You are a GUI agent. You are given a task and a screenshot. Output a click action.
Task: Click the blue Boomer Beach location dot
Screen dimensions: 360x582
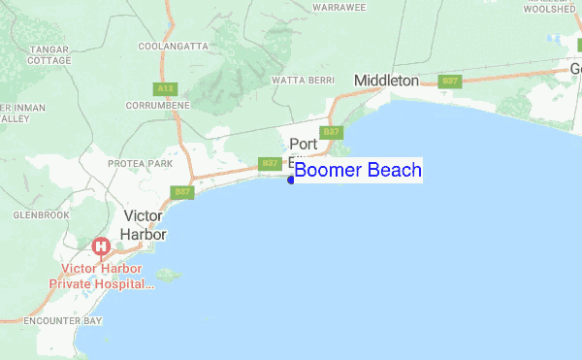[291, 179]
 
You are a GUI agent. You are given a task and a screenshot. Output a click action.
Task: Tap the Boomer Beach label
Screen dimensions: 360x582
[358, 171]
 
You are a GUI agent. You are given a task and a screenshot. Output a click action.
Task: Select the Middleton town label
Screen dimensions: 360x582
[386, 81]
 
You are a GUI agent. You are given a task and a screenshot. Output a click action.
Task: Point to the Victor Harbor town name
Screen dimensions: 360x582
[145, 225]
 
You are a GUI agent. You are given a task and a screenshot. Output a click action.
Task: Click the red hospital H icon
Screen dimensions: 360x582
[100, 247]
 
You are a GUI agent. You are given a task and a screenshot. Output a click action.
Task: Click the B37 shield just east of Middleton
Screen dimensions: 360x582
[449, 82]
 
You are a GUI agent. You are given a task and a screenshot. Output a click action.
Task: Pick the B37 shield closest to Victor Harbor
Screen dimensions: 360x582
[181, 192]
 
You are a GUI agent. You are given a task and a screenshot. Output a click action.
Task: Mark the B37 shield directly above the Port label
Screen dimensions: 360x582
[332, 132]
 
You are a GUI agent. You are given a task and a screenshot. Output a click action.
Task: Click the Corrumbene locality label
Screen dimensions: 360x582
[157, 104]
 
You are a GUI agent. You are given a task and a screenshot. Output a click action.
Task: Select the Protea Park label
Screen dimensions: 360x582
[141, 164]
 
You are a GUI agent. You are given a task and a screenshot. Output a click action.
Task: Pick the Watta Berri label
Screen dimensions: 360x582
[303, 80]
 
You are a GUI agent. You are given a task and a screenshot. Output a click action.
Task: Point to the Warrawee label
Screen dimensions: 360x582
[339, 7]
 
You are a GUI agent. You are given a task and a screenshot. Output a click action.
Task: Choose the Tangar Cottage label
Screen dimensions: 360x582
[48, 53]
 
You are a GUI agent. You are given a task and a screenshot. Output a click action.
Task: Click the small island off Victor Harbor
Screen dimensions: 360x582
[167, 275]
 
